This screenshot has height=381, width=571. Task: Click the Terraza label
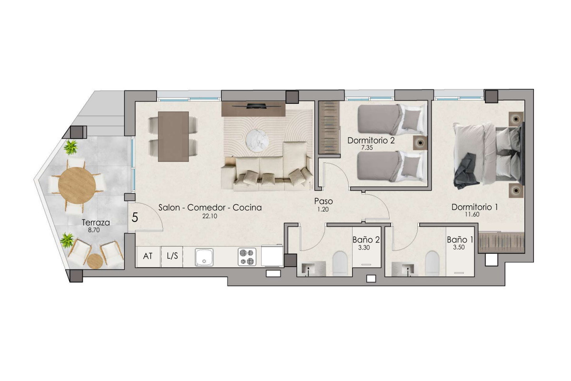pyautogui.click(x=96, y=223)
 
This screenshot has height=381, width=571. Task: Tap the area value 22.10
pyautogui.click(x=210, y=216)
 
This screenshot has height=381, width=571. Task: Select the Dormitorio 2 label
pyautogui.click(x=371, y=140)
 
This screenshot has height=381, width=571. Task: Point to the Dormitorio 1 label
pyautogui.click(x=475, y=207)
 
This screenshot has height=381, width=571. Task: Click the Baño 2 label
pyautogui.click(x=366, y=240)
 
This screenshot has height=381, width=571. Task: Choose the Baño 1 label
pyautogui.click(x=460, y=240)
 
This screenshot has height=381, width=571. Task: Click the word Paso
pyautogui.click(x=324, y=201)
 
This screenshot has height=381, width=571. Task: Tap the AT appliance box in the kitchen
pyautogui.click(x=148, y=257)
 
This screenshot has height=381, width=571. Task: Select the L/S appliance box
pyautogui.click(x=172, y=257)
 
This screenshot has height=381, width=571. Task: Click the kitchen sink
pyautogui.click(x=204, y=257)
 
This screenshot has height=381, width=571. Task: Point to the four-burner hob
pyautogui.click(x=247, y=257)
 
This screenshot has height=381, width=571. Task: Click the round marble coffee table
pyautogui.click(x=257, y=140)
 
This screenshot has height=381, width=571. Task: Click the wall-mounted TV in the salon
pyautogui.click(x=253, y=105)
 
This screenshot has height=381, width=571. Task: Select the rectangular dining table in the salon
pyautogui.click(x=173, y=137)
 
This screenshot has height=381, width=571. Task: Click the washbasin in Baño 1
pyautogui.click(x=407, y=269)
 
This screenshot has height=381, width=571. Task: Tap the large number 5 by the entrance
pyautogui.click(x=135, y=218)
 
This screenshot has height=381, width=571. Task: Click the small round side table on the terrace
pyautogui.click(x=95, y=261)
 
